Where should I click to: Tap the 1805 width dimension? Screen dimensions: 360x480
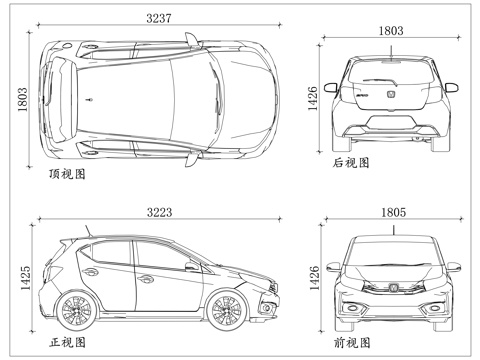click(x=391, y=212)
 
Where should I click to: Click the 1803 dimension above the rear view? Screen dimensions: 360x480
click(x=391, y=31)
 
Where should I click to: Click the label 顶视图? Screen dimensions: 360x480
click(x=67, y=174)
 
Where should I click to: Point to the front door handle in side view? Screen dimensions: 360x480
click(x=191, y=267)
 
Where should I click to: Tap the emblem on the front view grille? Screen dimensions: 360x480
click(x=391, y=288)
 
